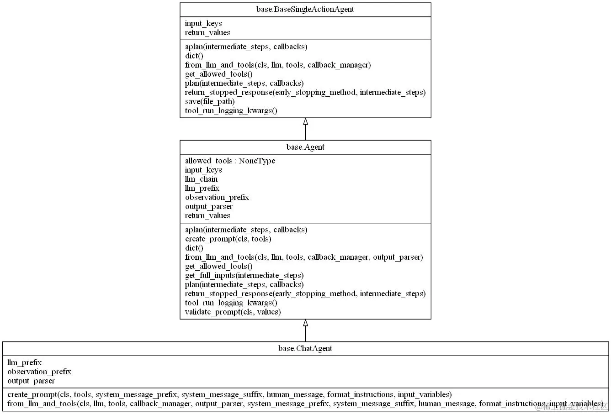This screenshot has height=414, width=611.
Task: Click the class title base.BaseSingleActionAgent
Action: click(x=305, y=10)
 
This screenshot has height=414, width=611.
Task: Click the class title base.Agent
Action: click(x=305, y=147)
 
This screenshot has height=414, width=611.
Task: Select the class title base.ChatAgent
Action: click(x=305, y=348)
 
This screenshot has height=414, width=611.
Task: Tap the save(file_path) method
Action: click(x=210, y=101)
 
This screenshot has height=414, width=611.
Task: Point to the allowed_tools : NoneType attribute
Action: click(x=230, y=161)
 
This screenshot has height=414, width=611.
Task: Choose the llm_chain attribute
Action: click(x=201, y=179)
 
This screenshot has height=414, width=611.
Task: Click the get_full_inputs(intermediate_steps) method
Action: click(x=244, y=275)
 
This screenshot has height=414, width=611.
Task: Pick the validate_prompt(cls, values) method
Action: click(x=233, y=312)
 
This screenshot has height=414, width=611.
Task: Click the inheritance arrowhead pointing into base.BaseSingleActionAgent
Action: click(x=305, y=121)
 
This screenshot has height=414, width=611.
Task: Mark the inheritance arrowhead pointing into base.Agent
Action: click(x=305, y=323)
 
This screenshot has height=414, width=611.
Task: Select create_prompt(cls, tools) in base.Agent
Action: click(x=228, y=239)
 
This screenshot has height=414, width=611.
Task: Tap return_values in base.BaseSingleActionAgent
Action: click(x=207, y=32)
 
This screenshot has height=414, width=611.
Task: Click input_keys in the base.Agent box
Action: click(x=203, y=170)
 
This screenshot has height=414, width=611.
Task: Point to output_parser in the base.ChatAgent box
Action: click(x=31, y=381)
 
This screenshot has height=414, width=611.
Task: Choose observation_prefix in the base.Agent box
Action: click(x=217, y=197)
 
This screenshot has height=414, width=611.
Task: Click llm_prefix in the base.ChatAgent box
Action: click(x=25, y=362)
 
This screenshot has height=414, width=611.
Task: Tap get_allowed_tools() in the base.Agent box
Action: click(x=218, y=266)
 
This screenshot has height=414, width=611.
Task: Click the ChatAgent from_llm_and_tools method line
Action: click(x=305, y=404)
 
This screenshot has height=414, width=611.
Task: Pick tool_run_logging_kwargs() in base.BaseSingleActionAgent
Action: click(x=231, y=110)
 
